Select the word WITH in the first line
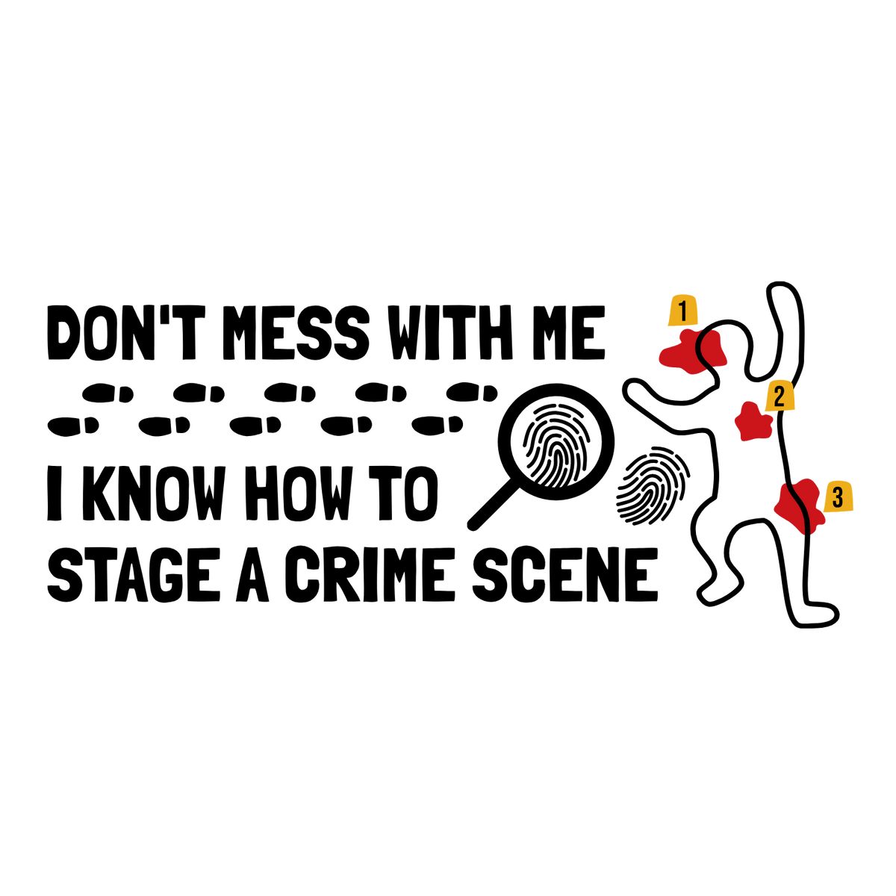tap(450, 332)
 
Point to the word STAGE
tap(134, 574)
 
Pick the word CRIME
tap(370, 574)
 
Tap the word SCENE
tap(565, 574)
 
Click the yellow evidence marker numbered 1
tap(682, 311)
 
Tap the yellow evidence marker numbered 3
tap(839, 497)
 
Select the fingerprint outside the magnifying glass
tap(653, 486)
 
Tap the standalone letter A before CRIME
tap(252, 574)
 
